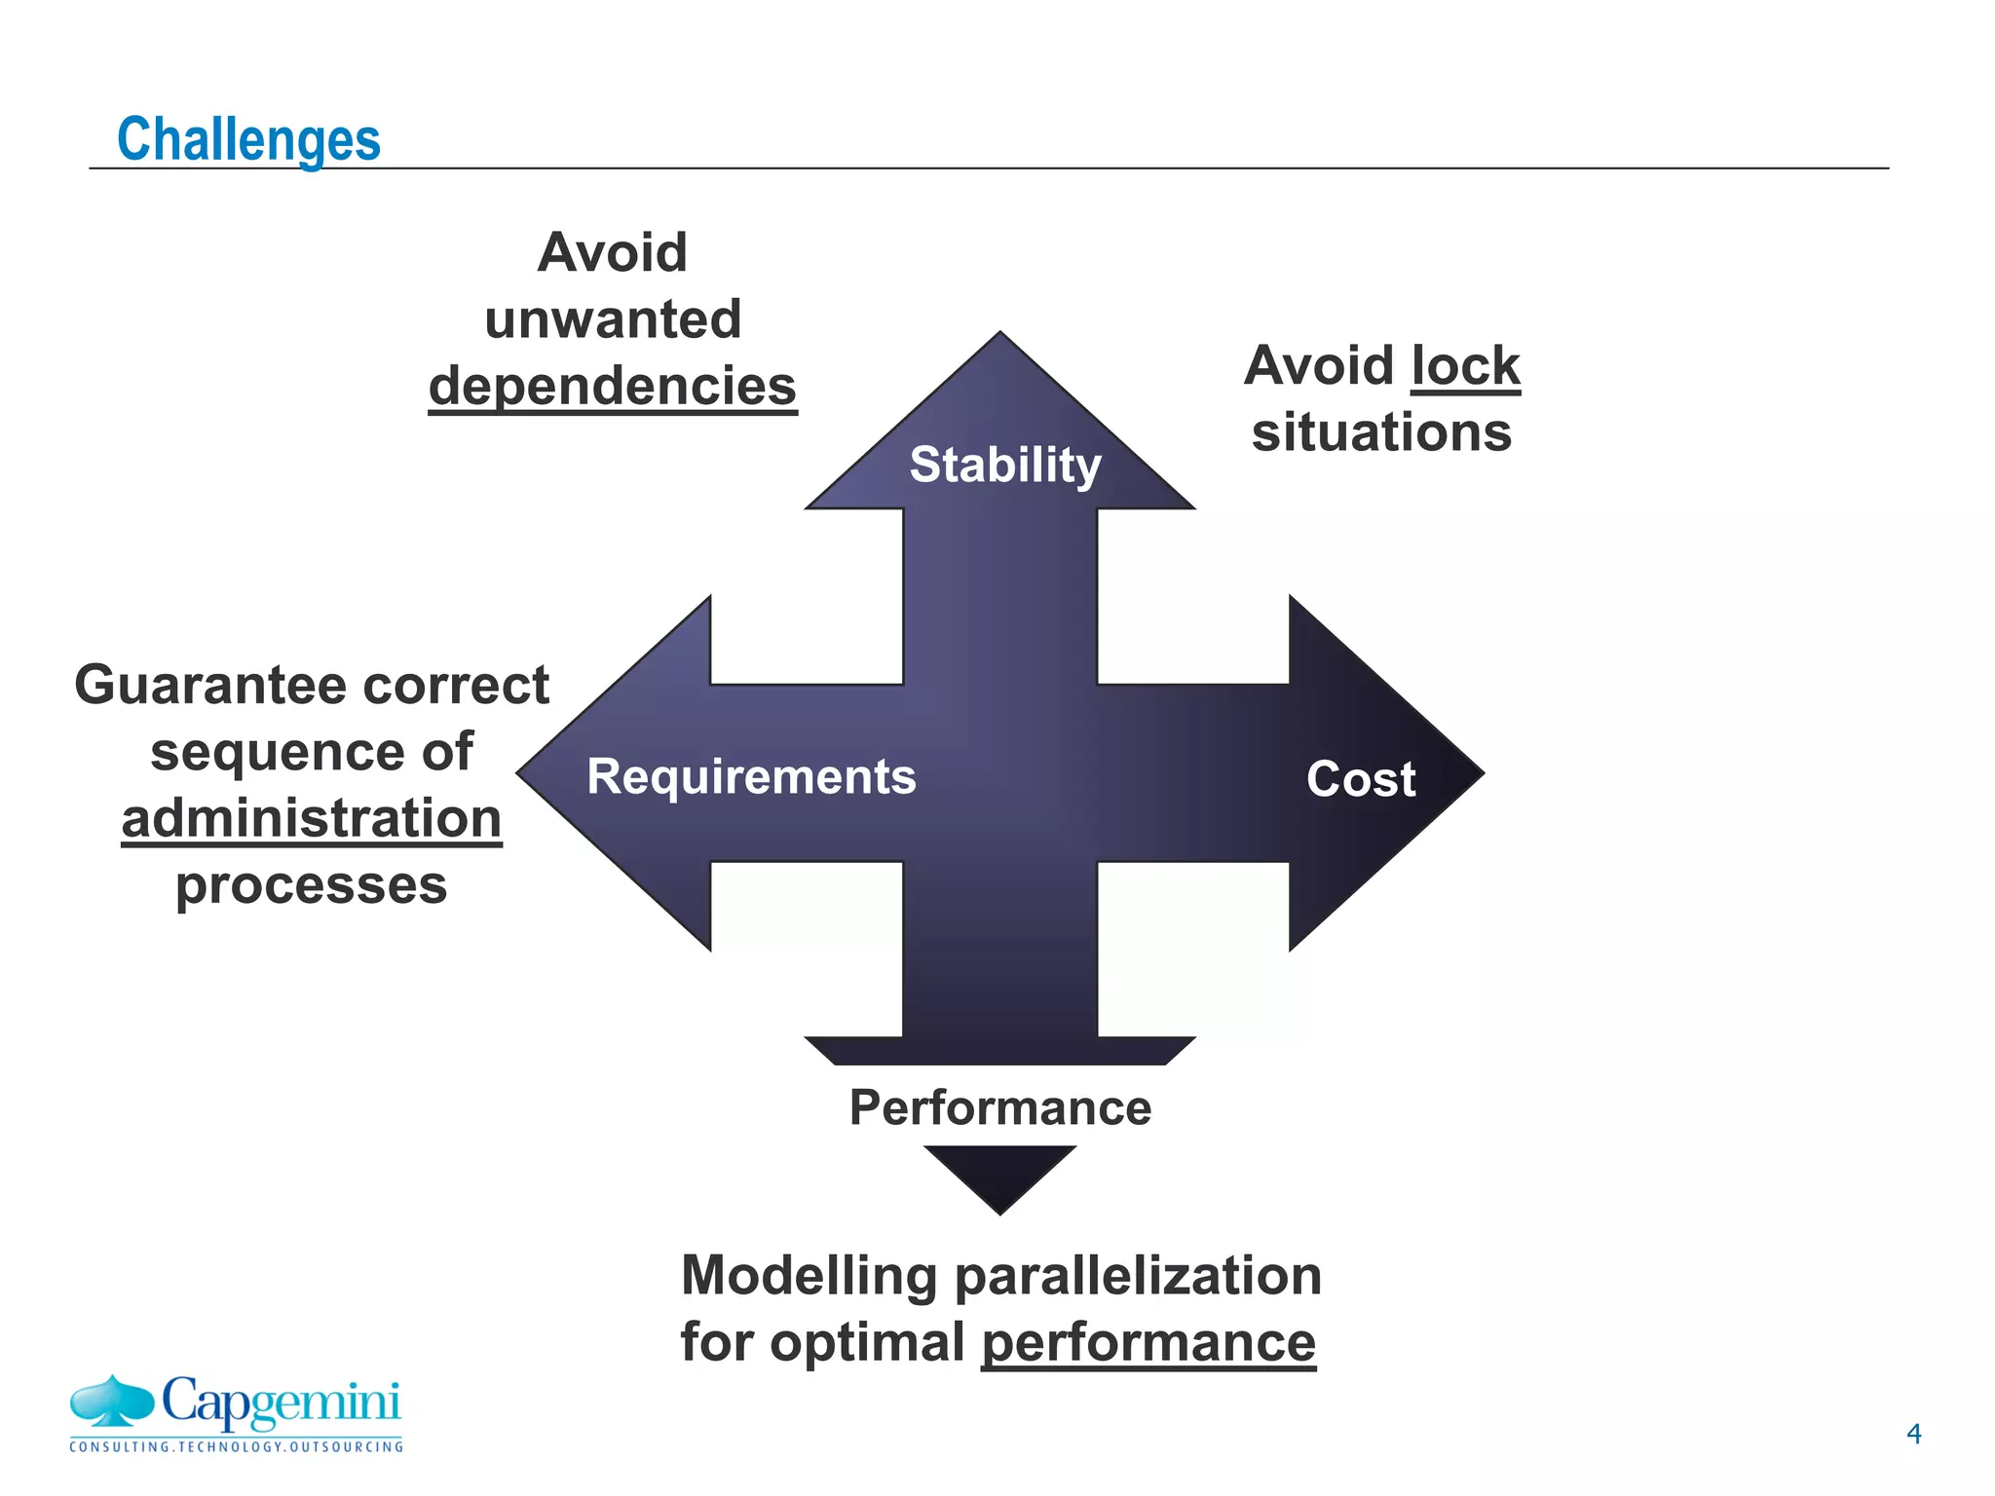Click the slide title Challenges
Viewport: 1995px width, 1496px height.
[248, 139]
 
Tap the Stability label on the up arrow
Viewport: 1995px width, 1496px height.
[1004, 465]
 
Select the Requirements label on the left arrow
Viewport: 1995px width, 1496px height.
[751, 777]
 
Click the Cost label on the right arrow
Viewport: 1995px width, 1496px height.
[1360, 779]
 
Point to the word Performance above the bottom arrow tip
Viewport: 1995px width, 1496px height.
[1000, 1107]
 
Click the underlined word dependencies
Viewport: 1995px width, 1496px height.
[613, 386]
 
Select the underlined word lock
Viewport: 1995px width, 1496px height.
[1465, 366]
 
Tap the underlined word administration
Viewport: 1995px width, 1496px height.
[312, 818]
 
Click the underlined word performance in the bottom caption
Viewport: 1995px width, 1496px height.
[1148, 1342]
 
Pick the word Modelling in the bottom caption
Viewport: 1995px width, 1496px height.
[809, 1276]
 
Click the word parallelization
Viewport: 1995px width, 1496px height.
[1138, 1276]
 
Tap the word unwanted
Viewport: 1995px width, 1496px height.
[613, 319]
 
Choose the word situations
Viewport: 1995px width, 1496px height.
[1381, 432]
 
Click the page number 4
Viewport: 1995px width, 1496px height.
[1913, 1434]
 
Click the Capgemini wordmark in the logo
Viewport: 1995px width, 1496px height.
[281, 1402]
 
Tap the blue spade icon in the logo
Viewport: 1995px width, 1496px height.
[112, 1400]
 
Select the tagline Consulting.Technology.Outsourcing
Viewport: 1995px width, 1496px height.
[236, 1447]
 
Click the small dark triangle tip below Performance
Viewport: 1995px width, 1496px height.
[999, 1174]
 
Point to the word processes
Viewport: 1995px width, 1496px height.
[311, 885]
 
